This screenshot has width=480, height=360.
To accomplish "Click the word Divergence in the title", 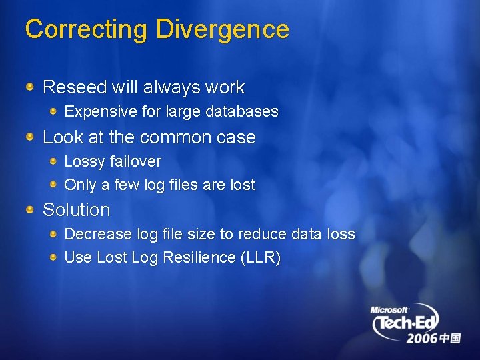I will tap(223, 30).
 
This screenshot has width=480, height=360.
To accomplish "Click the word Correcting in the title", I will tap(86, 30).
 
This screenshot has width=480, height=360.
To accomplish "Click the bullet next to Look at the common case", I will tap(30, 137).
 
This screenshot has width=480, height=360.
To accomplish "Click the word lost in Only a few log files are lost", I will tap(242, 185).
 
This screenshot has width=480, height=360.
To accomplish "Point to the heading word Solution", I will tap(76, 210).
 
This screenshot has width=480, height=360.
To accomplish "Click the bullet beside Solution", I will tap(30, 210).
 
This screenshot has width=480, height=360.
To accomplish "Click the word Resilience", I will tap(198, 258).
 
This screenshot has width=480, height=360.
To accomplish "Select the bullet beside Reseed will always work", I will tap(30, 87).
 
